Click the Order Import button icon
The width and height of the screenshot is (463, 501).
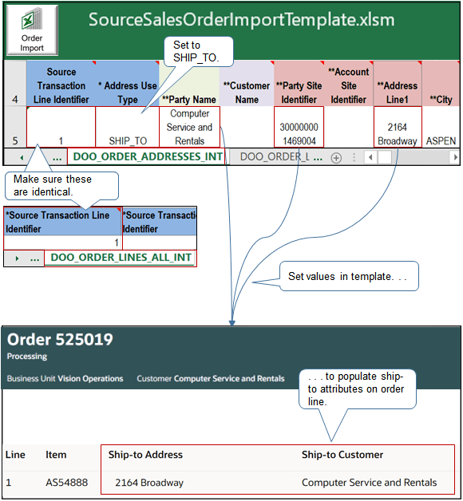[x=31, y=30]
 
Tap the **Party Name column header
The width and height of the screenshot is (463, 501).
[x=189, y=100]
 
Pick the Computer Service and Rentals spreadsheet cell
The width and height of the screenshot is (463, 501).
[x=189, y=127]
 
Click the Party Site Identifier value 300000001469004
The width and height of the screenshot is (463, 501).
[x=299, y=134]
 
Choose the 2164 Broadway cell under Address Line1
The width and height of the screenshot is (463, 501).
[x=398, y=134]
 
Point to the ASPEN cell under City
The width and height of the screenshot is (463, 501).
[x=441, y=140]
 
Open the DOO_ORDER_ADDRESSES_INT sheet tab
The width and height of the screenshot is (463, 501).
[x=148, y=157]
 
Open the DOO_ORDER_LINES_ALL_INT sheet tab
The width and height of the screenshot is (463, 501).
[x=121, y=258]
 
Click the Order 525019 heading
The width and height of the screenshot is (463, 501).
[x=60, y=340]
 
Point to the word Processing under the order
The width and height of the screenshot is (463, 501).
[x=26, y=357]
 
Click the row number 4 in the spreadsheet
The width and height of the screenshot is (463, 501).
[x=14, y=100]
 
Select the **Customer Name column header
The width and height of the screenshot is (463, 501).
[x=247, y=93]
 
